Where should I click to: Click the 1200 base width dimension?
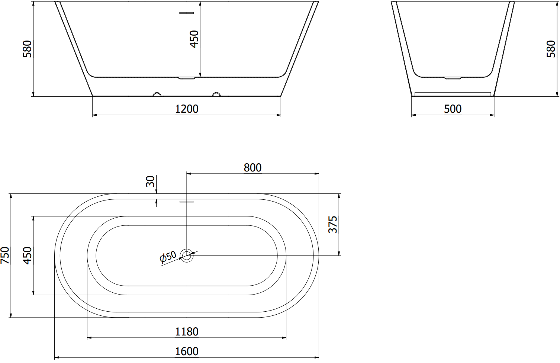pyautogui.click(x=187, y=109)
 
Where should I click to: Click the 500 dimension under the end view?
pyautogui.click(x=453, y=109)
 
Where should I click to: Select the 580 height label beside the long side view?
pyautogui.click(x=27, y=49)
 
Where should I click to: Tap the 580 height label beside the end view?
pyautogui.click(x=551, y=49)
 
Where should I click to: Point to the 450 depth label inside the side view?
pyautogui.click(x=194, y=39)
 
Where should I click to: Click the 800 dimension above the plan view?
pyautogui.click(x=252, y=167)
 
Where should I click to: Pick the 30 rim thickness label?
pyautogui.click(x=150, y=181)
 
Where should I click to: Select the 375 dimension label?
pyautogui.click(x=332, y=225)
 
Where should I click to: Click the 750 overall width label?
pyautogui.click(x=5, y=255)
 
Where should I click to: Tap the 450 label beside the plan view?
pyautogui.click(x=27, y=255)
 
